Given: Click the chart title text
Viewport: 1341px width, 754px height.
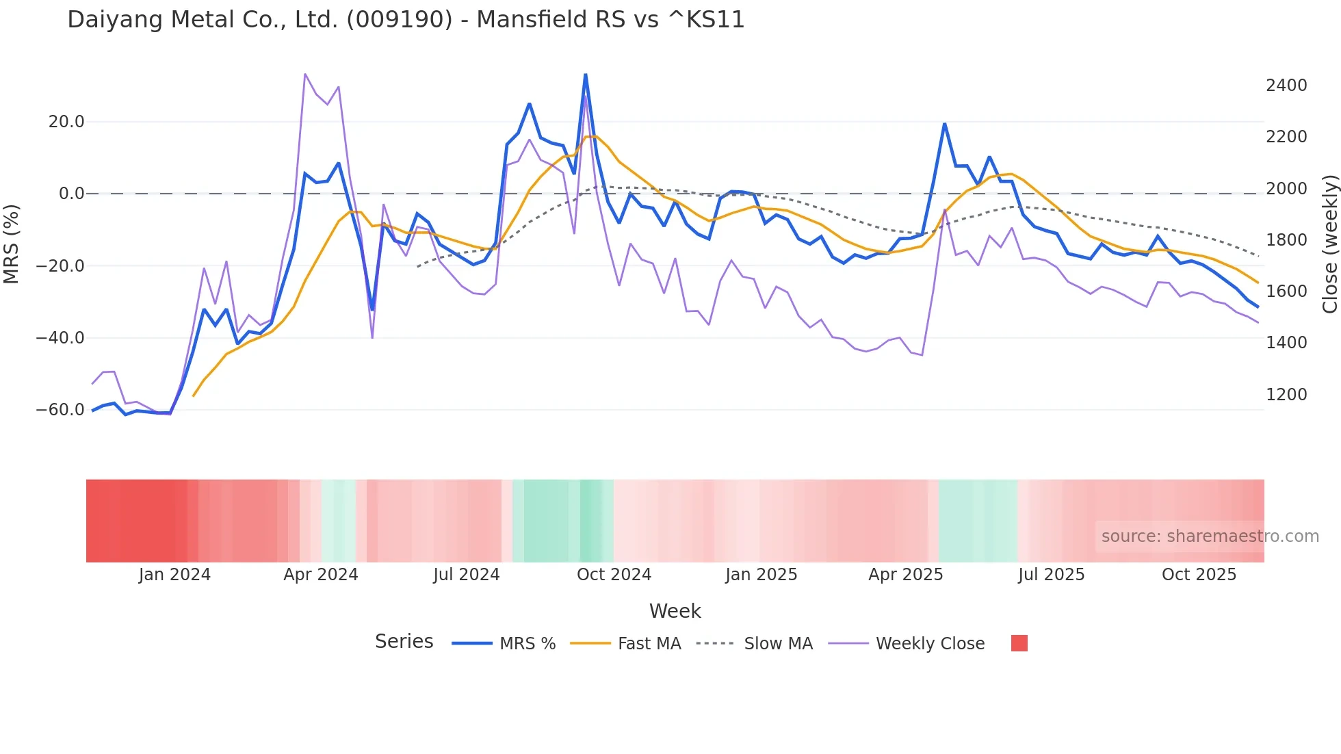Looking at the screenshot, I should coord(406,19).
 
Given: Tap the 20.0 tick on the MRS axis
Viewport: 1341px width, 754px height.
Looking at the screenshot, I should coord(66,122).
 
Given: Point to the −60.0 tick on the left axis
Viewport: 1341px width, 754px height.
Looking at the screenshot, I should coord(60,410).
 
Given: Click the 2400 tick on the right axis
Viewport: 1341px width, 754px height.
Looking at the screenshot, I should coord(1286,86).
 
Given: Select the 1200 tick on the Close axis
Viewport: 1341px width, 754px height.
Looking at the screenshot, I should coord(1286,394).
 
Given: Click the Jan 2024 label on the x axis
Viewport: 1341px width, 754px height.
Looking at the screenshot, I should coord(174,575).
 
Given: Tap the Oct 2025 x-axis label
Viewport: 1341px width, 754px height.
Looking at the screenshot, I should coord(1199,575).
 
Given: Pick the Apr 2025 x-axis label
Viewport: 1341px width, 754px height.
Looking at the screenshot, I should coord(905,575).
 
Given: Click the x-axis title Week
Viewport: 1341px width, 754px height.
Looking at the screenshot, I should coord(675,611).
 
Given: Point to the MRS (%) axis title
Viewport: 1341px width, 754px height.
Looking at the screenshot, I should coord(12,244).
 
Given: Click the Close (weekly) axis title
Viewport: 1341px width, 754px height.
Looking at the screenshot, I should coord(1329,244).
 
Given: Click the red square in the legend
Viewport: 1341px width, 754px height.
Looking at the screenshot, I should coord(1019,643).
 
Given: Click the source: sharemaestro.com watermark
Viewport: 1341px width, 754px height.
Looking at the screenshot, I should coord(1210,536).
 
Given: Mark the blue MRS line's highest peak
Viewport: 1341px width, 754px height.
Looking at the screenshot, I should coord(586,74).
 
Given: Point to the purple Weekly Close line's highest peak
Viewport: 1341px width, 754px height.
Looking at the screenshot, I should coord(305,74).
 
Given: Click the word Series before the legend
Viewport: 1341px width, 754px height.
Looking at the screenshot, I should coord(404,642).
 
